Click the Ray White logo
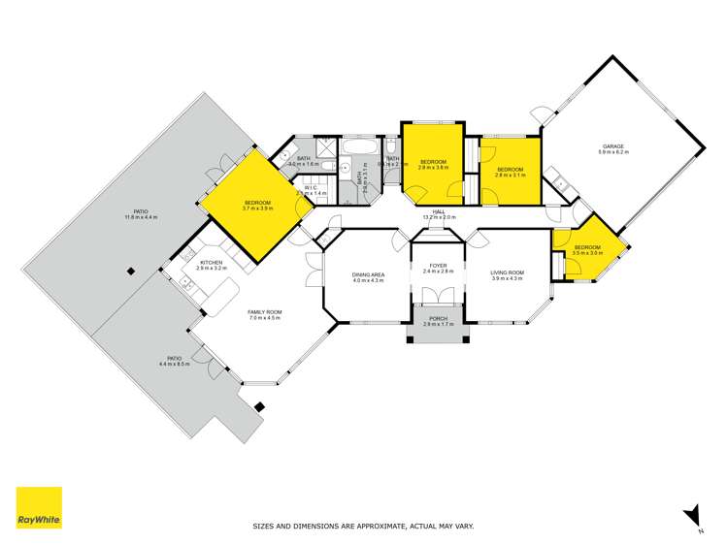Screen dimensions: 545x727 click(39, 508)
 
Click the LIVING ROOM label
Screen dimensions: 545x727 click(507, 273)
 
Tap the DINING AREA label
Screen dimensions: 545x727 click(369, 274)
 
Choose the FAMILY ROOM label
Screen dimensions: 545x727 click(264, 312)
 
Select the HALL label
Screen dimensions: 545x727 click(439, 211)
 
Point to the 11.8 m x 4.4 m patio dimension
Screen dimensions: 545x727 click(141, 217)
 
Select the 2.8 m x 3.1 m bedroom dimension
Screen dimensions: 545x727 click(510, 176)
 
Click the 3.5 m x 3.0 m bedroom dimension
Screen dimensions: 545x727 click(587, 253)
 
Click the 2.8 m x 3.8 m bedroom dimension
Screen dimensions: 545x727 click(432, 168)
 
